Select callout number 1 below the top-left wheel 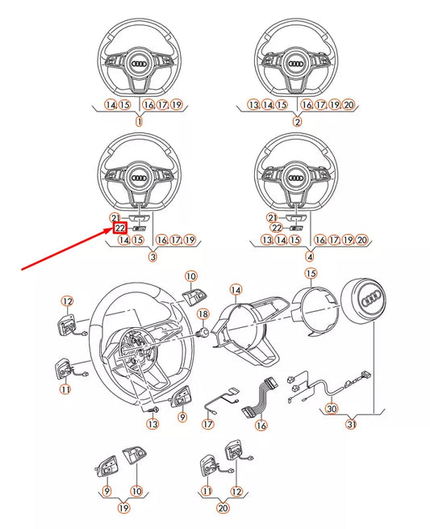[x=138, y=122]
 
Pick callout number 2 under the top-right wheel [x=297, y=122]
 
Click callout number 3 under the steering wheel [x=151, y=257]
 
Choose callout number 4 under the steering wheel [x=310, y=257]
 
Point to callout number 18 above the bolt [x=203, y=313]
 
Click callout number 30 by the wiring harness [x=332, y=409]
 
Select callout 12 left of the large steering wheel [x=67, y=301]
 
